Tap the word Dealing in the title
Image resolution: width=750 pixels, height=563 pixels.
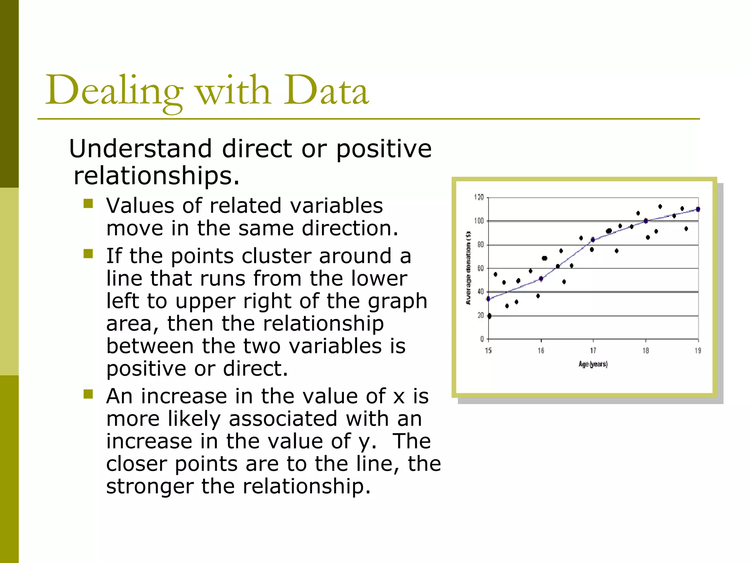[x=114, y=91]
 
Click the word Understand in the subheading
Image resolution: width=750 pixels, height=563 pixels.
[x=140, y=149]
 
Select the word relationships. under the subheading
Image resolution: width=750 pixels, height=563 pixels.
[x=156, y=176]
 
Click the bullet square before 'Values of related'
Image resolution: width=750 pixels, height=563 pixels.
[x=88, y=203]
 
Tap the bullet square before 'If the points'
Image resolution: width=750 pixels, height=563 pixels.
[x=88, y=254]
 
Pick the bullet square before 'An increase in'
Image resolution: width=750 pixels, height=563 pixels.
[x=88, y=394]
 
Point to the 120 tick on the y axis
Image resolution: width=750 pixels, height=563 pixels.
[x=479, y=198]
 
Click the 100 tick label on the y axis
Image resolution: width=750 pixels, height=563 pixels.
[x=479, y=221]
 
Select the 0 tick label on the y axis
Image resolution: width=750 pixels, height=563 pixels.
[x=482, y=339]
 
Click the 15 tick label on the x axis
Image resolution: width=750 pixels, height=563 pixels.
[x=488, y=351]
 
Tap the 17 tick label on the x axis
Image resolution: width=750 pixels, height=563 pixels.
[x=593, y=351]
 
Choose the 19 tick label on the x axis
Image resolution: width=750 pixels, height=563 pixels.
[x=698, y=351]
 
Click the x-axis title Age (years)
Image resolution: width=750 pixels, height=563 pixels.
[x=593, y=364]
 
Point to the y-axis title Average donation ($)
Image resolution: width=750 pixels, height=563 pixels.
[x=468, y=268]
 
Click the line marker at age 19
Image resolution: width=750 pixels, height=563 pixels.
[x=698, y=209]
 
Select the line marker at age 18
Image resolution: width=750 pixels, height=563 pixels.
[x=646, y=221]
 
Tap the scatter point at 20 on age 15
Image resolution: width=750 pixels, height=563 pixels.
[x=489, y=316]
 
